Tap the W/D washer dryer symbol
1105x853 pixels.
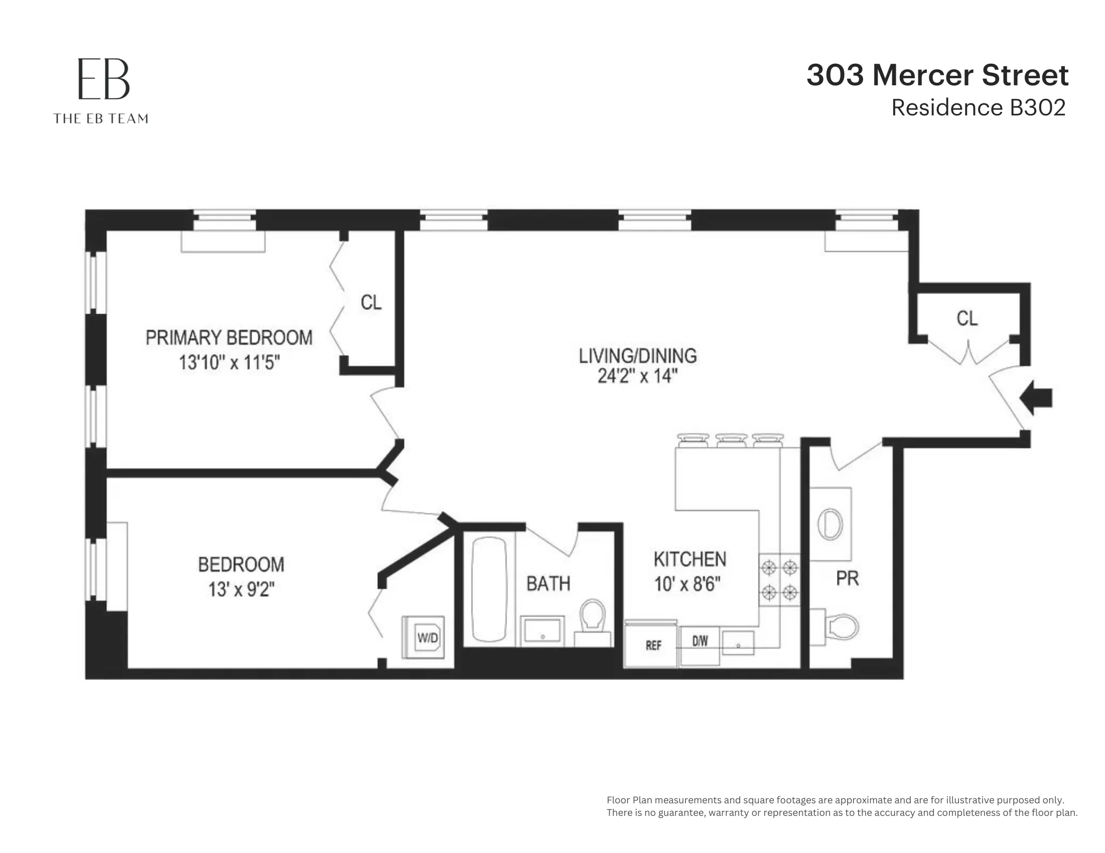click(x=424, y=637)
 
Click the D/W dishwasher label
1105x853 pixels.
click(x=700, y=642)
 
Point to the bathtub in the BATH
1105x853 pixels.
click(x=489, y=590)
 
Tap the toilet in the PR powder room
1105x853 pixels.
click(x=840, y=627)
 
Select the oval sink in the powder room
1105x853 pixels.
click(x=831, y=524)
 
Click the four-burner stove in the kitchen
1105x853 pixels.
click(x=779, y=580)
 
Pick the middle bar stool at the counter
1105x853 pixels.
click(x=731, y=440)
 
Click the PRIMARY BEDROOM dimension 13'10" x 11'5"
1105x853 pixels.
click(x=229, y=363)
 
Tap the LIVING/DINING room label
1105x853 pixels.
click(x=637, y=356)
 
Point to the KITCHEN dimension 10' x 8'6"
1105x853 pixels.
click(x=687, y=585)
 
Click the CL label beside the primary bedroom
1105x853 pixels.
click(x=371, y=303)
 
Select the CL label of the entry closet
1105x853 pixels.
click(x=967, y=319)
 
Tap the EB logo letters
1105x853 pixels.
click(x=104, y=79)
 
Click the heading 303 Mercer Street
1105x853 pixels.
click(x=937, y=75)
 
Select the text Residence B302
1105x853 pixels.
click(x=978, y=108)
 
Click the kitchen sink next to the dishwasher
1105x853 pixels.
click(x=738, y=643)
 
